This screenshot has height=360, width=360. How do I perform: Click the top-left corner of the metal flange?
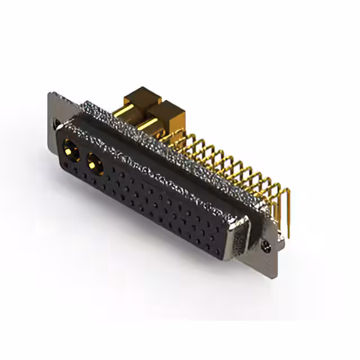pos(51,94)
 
